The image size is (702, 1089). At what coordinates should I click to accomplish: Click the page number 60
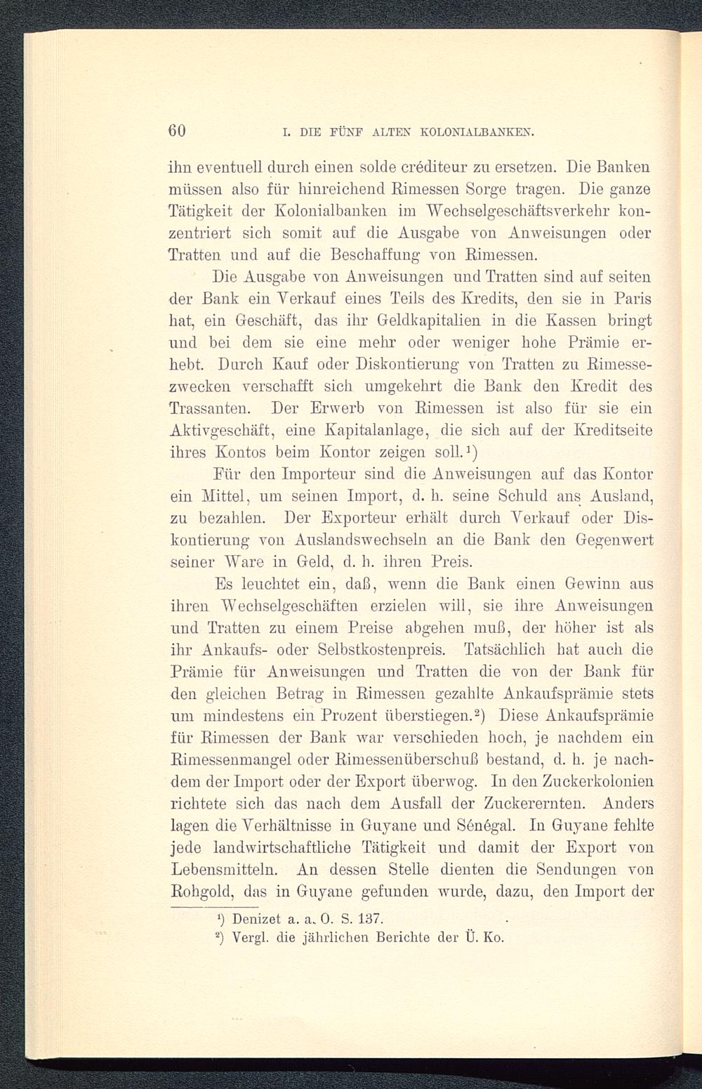177,131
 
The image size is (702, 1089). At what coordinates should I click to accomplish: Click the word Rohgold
204,892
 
